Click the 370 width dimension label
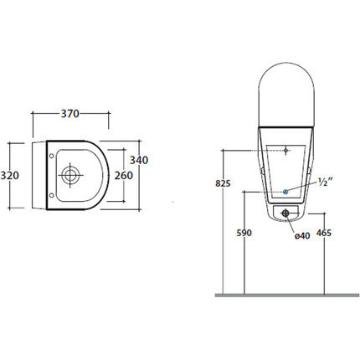click(x=70, y=114)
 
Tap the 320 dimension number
click(x=10, y=175)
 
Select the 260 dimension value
click(x=124, y=175)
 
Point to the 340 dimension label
click(x=139, y=160)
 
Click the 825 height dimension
click(x=223, y=183)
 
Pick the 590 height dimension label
click(x=244, y=233)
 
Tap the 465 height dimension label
click(x=324, y=233)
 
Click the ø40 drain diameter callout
click(x=302, y=236)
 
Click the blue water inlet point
click(x=285, y=192)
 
